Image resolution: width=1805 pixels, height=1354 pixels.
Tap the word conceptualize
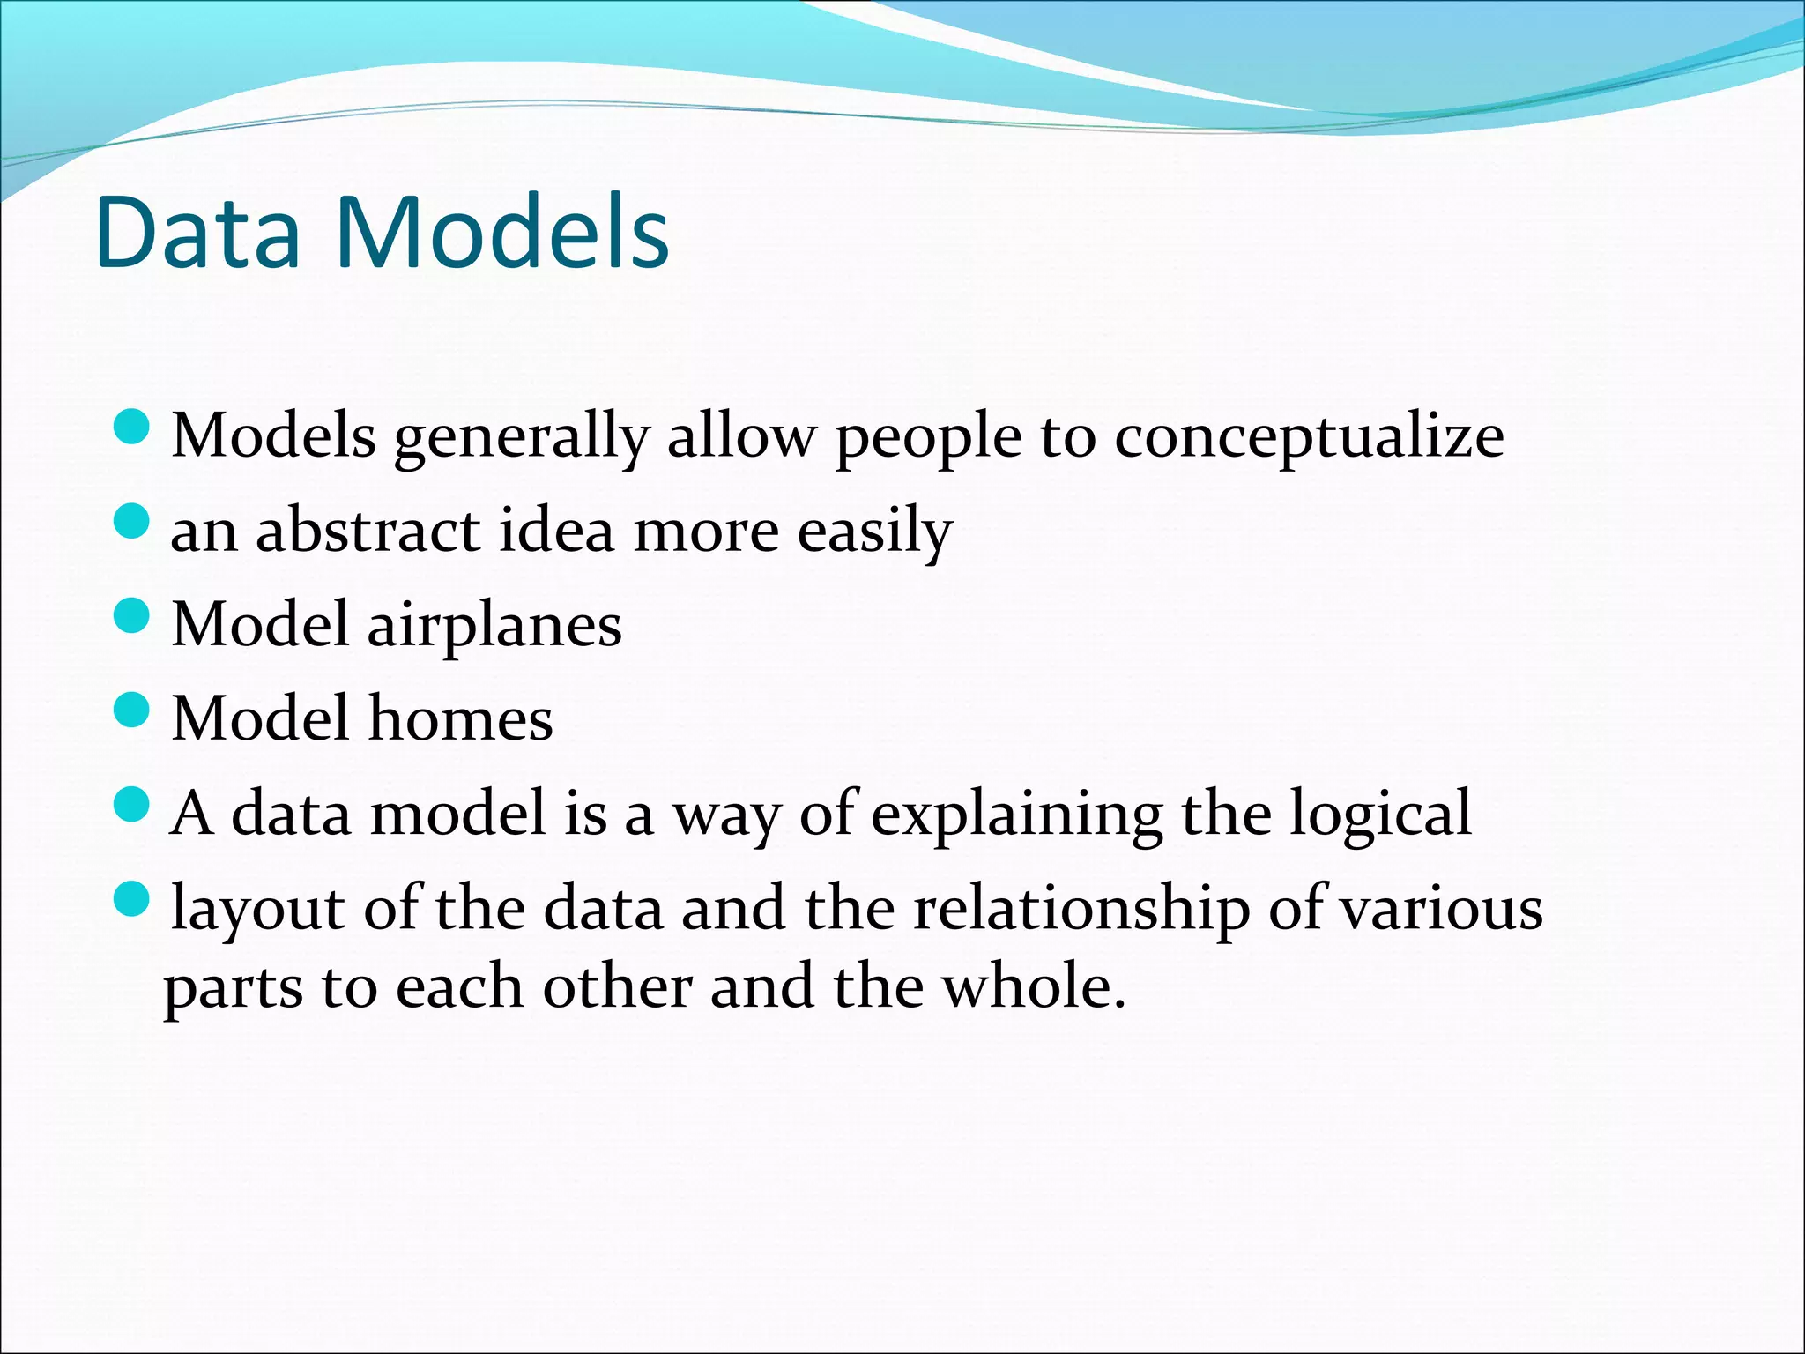1309,438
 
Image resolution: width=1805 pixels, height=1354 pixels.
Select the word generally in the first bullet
521,438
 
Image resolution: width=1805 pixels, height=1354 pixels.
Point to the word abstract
368,532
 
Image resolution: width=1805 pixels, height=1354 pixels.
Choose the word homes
460,718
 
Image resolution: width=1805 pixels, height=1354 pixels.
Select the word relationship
1081,909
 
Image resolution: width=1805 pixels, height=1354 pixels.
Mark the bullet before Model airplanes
133,615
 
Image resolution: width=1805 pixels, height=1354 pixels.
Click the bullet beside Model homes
133,710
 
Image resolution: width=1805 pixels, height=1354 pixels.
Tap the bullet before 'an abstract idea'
133,521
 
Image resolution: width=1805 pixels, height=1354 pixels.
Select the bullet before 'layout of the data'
133,899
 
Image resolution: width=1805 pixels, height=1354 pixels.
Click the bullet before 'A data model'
133,805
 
